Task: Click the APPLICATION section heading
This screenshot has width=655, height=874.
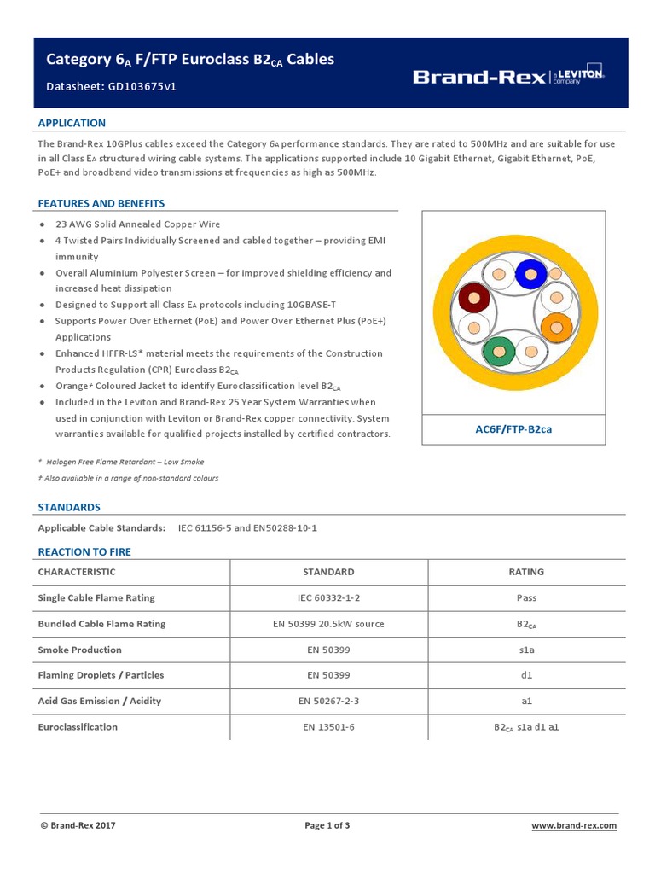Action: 72,123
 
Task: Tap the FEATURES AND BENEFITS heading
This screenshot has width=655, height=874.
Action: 101,203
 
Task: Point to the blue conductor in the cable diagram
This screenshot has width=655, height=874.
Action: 530,274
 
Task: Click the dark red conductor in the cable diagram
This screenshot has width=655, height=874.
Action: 474,299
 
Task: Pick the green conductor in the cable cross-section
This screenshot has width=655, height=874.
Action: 498,350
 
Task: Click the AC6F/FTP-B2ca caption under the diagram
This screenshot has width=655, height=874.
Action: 513,429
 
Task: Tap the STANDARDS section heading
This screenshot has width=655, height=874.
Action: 69,507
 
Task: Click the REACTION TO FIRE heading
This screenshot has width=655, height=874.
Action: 84,552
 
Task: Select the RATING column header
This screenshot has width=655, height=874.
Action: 525,572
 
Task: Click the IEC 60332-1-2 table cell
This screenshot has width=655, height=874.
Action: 328,598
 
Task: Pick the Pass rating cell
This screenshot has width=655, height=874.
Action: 526,598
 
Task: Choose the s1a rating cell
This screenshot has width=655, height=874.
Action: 526,650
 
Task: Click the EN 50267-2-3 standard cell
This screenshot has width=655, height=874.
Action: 328,701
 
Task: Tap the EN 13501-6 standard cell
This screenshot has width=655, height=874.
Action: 328,727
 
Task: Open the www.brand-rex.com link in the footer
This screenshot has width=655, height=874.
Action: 574,825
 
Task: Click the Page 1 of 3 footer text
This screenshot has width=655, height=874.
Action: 327,825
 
